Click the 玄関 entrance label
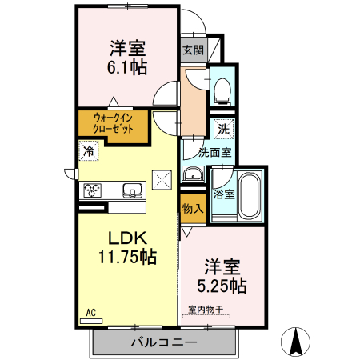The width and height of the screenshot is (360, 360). [192, 50]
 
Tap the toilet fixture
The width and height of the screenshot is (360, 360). [222, 89]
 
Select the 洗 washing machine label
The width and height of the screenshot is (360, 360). [223, 128]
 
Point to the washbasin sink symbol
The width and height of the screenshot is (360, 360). [193, 176]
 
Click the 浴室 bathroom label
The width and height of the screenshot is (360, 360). [224, 193]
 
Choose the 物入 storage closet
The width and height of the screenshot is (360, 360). [192, 209]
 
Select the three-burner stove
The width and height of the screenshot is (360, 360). [93, 190]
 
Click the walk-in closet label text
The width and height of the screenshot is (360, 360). [113, 123]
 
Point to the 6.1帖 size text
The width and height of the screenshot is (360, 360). [128, 68]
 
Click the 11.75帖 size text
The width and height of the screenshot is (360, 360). [126, 256]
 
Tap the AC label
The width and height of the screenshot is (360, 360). [90, 311]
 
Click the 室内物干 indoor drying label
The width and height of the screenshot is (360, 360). [206, 308]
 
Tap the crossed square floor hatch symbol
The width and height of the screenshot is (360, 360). [162, 179]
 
